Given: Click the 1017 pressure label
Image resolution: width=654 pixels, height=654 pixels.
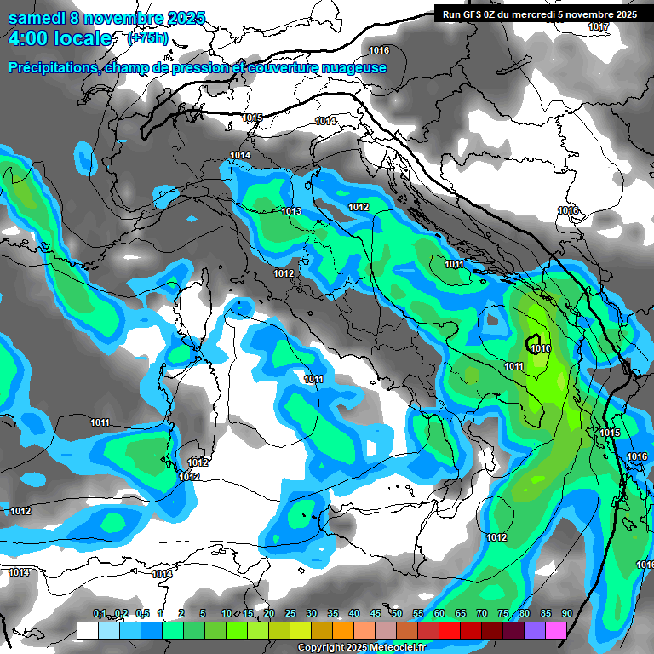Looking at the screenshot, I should click(599, 27).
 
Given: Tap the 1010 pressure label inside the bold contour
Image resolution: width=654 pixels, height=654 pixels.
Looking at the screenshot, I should click(539, 348).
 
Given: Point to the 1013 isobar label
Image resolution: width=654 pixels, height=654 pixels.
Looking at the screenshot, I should click(291, 211).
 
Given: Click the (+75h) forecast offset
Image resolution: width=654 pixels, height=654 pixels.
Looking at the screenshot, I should click(147, 38).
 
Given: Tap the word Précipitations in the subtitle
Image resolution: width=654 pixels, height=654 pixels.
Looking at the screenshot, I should click(50, 67).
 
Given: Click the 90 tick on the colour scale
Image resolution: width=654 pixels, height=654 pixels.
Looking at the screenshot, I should click(567, 614).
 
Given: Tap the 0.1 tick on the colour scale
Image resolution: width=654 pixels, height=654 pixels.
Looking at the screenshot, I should click(100, 614).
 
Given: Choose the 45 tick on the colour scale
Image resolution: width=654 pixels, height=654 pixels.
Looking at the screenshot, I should click(376, 614).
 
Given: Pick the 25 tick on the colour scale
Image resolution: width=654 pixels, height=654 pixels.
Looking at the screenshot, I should click(290, 614).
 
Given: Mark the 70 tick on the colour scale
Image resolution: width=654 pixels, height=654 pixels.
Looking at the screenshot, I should click(482, 614).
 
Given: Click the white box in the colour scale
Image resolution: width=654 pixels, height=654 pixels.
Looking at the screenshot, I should click(87, 630).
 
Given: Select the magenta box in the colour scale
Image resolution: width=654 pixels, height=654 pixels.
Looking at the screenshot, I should click(556, 630).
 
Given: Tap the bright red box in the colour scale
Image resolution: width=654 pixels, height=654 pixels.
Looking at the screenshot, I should click(450, 630).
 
